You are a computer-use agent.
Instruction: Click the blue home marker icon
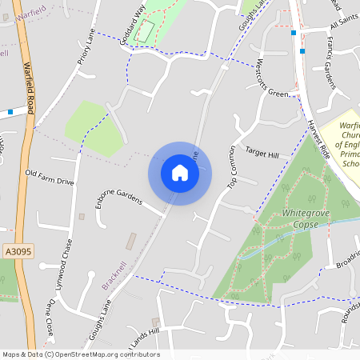pos(180,173)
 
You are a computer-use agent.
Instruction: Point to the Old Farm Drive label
pos(50,177)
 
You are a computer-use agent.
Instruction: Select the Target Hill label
pos(262,153)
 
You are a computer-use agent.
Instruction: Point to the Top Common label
pos(232,166)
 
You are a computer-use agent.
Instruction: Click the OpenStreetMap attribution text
pos(81,354)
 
